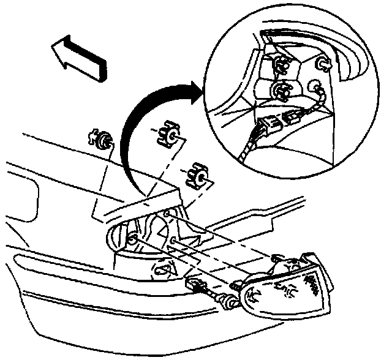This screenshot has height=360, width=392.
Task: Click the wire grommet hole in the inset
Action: point(316,88)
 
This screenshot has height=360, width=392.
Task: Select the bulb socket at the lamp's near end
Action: point(251,298)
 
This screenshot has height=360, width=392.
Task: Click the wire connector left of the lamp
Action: point(198,284)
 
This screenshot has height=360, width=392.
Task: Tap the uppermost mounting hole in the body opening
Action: point(168,214)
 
